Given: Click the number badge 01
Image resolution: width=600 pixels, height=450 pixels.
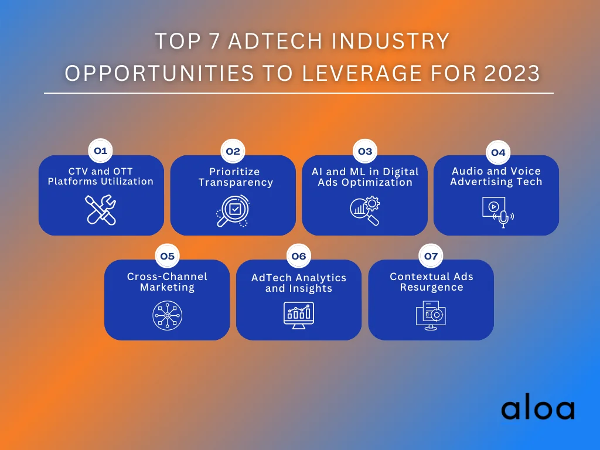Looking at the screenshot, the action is [x=100, y=151].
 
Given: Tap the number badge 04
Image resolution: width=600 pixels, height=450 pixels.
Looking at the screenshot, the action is [x=498, y=153].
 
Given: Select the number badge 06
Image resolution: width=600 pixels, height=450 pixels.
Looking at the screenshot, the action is [x=298, y=256].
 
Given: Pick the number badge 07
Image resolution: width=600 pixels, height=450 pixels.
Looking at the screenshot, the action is [x=431, y=256].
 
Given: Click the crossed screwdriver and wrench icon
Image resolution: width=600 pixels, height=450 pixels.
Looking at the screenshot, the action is [x=101, y=210].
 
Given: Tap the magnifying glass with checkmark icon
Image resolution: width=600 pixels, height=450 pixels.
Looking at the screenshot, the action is [x=233, y=211].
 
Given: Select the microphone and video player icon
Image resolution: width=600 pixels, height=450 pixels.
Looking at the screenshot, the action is [x=498, y=212].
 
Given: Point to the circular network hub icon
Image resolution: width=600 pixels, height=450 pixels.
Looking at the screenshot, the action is [x=167, y=315].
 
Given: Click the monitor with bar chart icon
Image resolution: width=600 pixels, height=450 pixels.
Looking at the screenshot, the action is [x=299, y=315].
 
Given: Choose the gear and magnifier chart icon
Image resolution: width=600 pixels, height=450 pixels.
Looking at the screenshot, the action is [x=364, y=211].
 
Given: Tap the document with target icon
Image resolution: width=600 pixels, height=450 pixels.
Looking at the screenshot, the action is [x=431, y=315].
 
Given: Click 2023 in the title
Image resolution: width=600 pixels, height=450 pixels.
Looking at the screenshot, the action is [x=512, y=73].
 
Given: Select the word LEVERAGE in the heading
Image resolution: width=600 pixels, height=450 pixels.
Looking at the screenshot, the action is [x=363, y=73].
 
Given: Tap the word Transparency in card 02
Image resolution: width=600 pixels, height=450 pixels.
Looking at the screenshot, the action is [x=236, y=183].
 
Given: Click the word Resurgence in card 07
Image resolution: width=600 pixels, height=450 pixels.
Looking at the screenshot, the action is [x=432, y=287].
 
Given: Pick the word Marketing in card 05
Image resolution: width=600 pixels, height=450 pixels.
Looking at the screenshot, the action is [x=167, y=287].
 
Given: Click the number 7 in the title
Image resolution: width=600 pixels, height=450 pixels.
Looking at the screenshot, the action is [x=215, y=42].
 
